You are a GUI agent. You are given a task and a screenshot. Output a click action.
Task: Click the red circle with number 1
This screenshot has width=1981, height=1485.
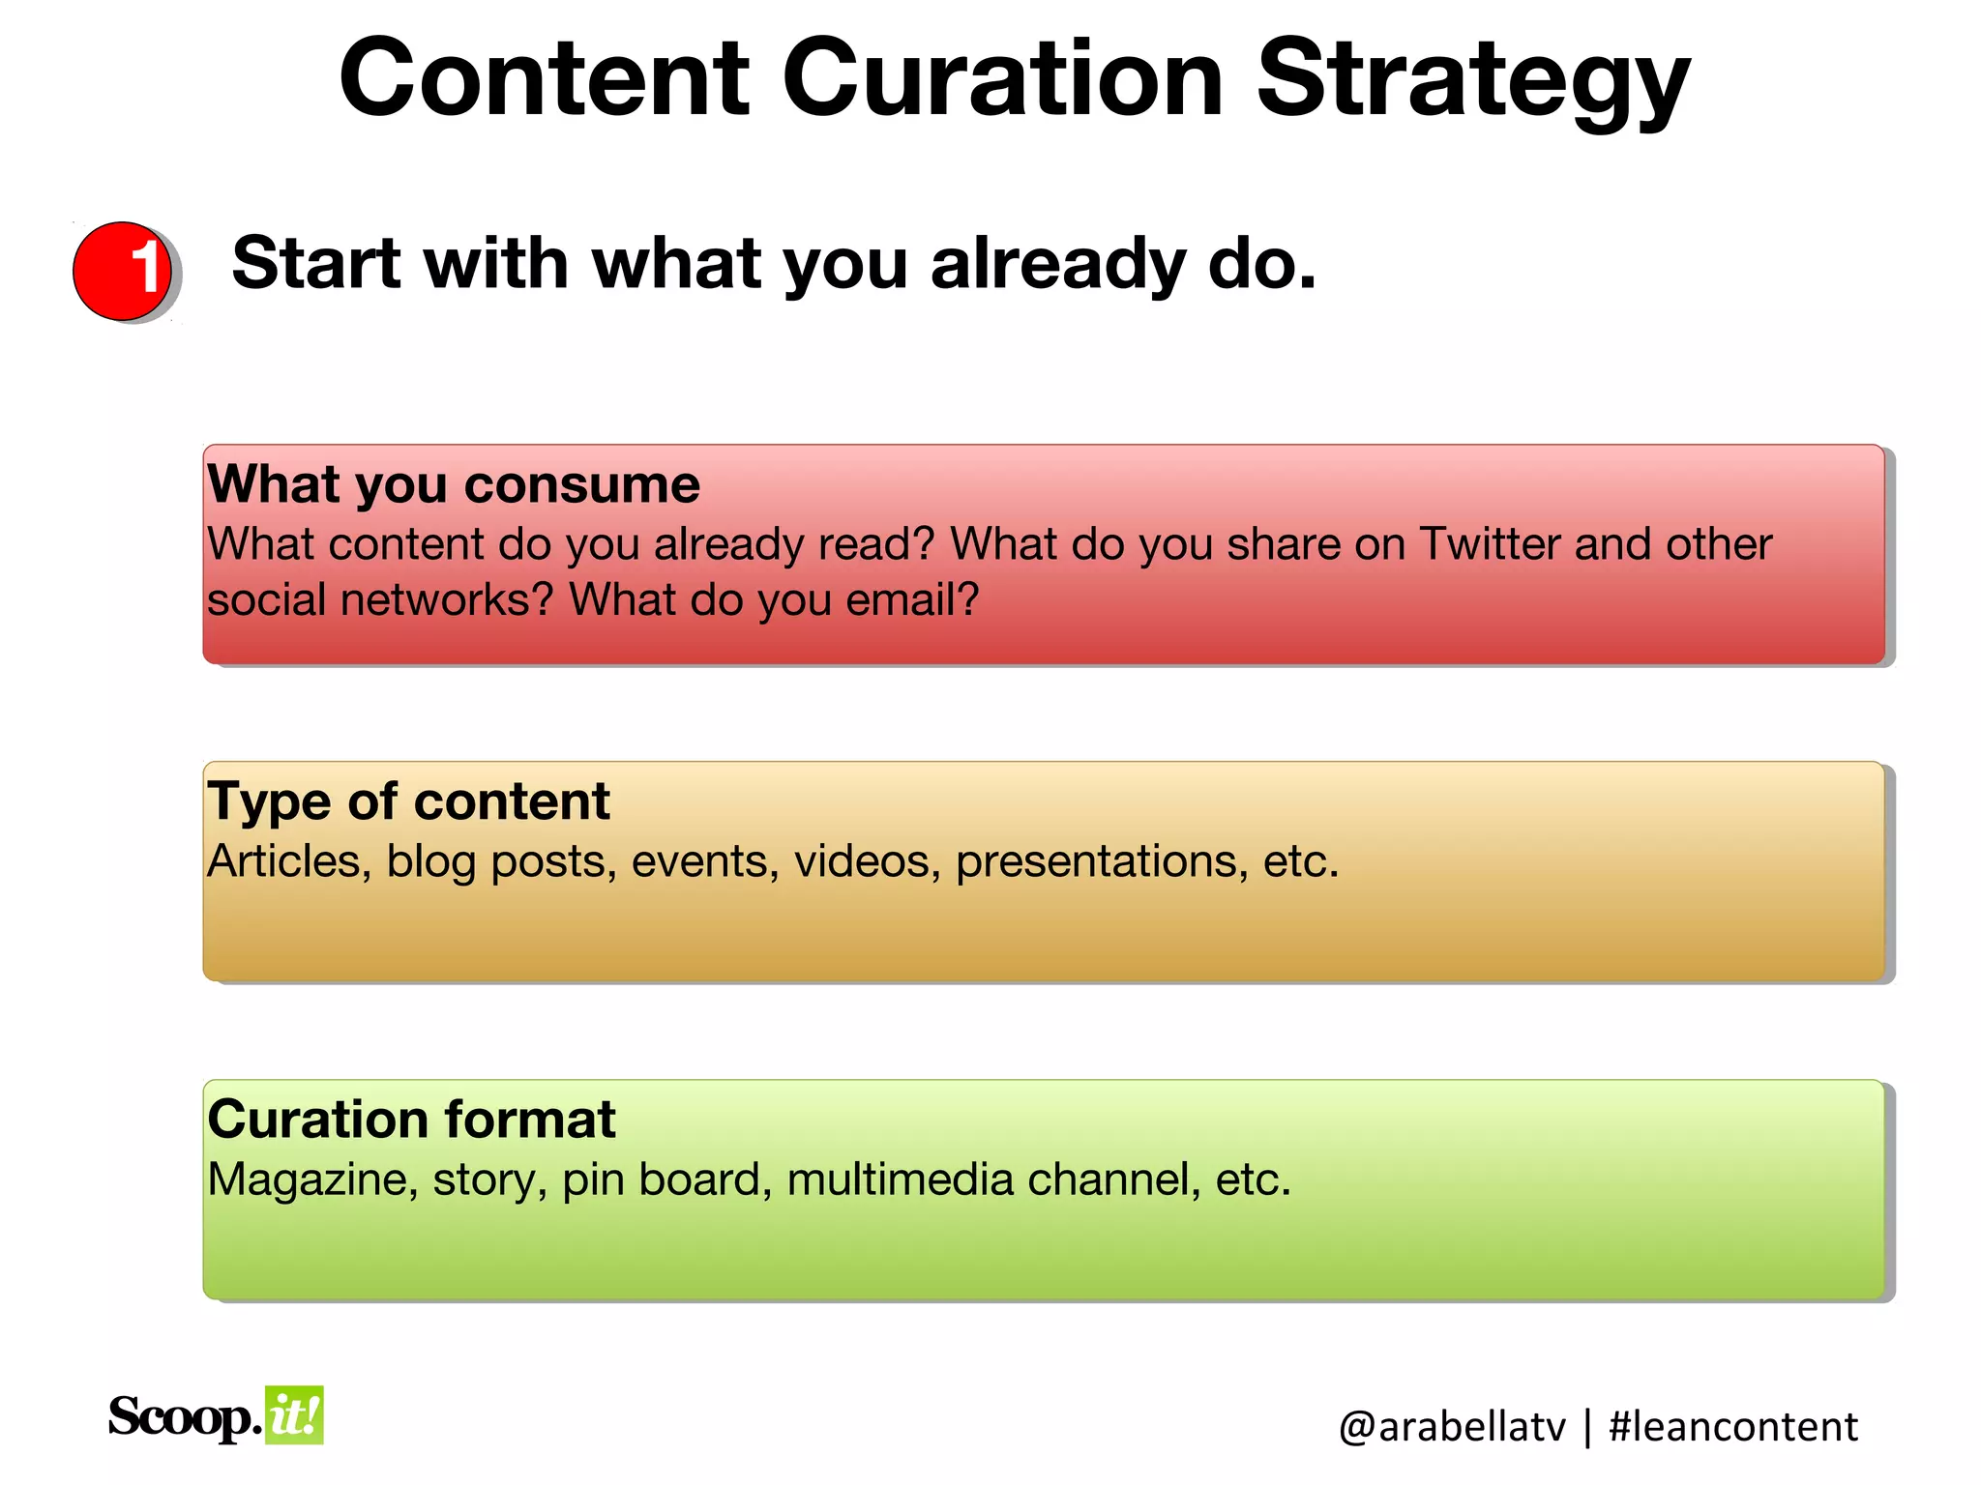123,271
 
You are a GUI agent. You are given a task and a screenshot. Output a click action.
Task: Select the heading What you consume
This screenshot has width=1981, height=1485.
453,483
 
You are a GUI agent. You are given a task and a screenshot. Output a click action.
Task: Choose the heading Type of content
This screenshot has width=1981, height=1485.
408,801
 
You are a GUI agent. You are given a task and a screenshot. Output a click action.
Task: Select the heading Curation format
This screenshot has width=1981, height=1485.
411,1119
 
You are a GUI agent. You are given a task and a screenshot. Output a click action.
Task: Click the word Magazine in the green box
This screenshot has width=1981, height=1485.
312,1179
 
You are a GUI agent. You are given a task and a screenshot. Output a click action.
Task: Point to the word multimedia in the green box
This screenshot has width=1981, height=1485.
899,1179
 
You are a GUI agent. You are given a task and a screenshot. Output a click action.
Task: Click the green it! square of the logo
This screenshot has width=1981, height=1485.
294,1415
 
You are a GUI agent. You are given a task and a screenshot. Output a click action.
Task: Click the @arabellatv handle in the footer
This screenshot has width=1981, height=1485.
1451,1427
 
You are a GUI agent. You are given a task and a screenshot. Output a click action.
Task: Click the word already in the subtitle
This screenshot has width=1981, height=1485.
1057,264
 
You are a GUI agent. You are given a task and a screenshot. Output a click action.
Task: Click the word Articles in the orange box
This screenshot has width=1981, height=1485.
289,860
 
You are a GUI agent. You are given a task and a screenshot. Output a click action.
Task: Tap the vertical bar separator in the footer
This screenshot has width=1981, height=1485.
1587,1427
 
